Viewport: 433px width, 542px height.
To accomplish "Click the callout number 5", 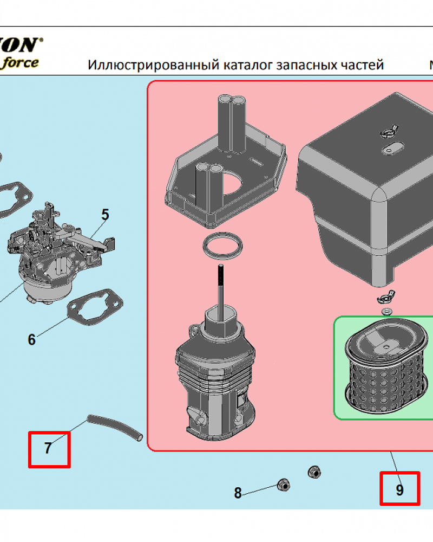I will [x=105, y=215].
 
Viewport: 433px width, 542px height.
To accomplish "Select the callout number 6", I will [x=31, y=340].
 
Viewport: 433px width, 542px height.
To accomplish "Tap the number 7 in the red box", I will [x=48, y=449].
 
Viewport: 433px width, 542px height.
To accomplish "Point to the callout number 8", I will [x=238, y=493].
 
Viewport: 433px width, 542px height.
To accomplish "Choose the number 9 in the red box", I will [x=399, y=490].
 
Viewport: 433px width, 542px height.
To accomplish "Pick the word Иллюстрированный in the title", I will [x=153, y=65].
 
